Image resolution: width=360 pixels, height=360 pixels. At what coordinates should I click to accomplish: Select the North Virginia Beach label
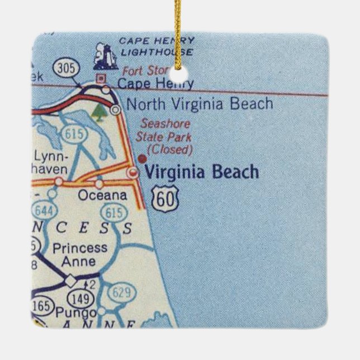click(200, 104)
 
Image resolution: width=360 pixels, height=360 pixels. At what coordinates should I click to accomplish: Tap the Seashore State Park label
click(165, 130)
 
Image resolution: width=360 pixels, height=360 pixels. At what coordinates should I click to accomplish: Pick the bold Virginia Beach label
click(202, 172)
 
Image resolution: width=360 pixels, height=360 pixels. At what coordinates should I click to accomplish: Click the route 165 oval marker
click(42, 306)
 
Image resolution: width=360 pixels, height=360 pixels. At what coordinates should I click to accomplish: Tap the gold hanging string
click(178, 28)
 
